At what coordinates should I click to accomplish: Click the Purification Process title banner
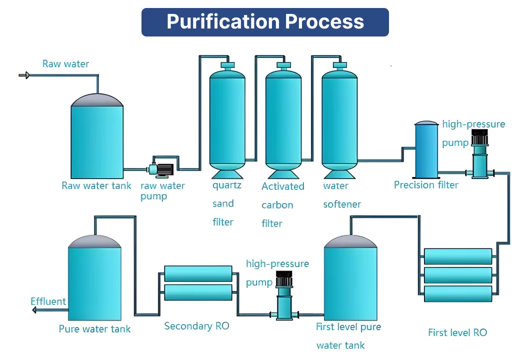click(x=265, y=22)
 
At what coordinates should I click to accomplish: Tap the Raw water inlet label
click(x=65, y=64)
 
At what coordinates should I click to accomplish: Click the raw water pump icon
click(x=161, y=169)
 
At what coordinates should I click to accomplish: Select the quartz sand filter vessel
click(x=227, y=120)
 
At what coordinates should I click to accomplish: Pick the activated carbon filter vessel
click(x=283, y=120)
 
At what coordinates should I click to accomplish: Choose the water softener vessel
click(x=339, y=120)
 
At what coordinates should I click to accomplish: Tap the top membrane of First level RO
click(x=458, y=256)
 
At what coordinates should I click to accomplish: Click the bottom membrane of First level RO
click(x=458, y=293)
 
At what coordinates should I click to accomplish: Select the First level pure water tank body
click(x=350, y=282)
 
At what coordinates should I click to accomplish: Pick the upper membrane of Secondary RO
click(x=198, y=273)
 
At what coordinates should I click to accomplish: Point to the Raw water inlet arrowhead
click(x=27, y=75)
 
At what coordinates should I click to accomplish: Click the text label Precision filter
click(x=426, y=185)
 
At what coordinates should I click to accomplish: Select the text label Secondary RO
click(x=196, y=326)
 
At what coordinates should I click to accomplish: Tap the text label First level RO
click(x=457, y=332)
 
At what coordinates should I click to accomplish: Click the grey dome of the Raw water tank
click(x=97, y=100)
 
